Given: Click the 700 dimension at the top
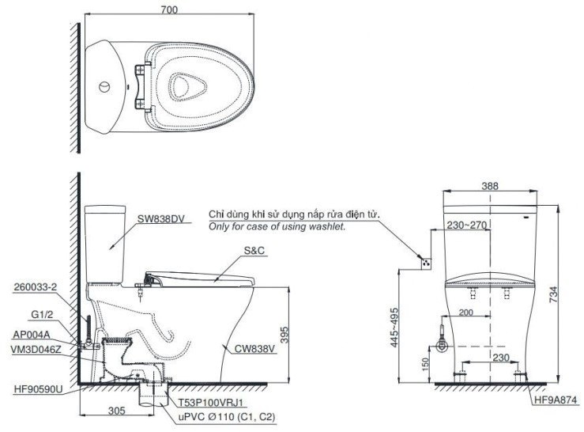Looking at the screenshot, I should click(171, 9).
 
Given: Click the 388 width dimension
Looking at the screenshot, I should click(490, 187).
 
